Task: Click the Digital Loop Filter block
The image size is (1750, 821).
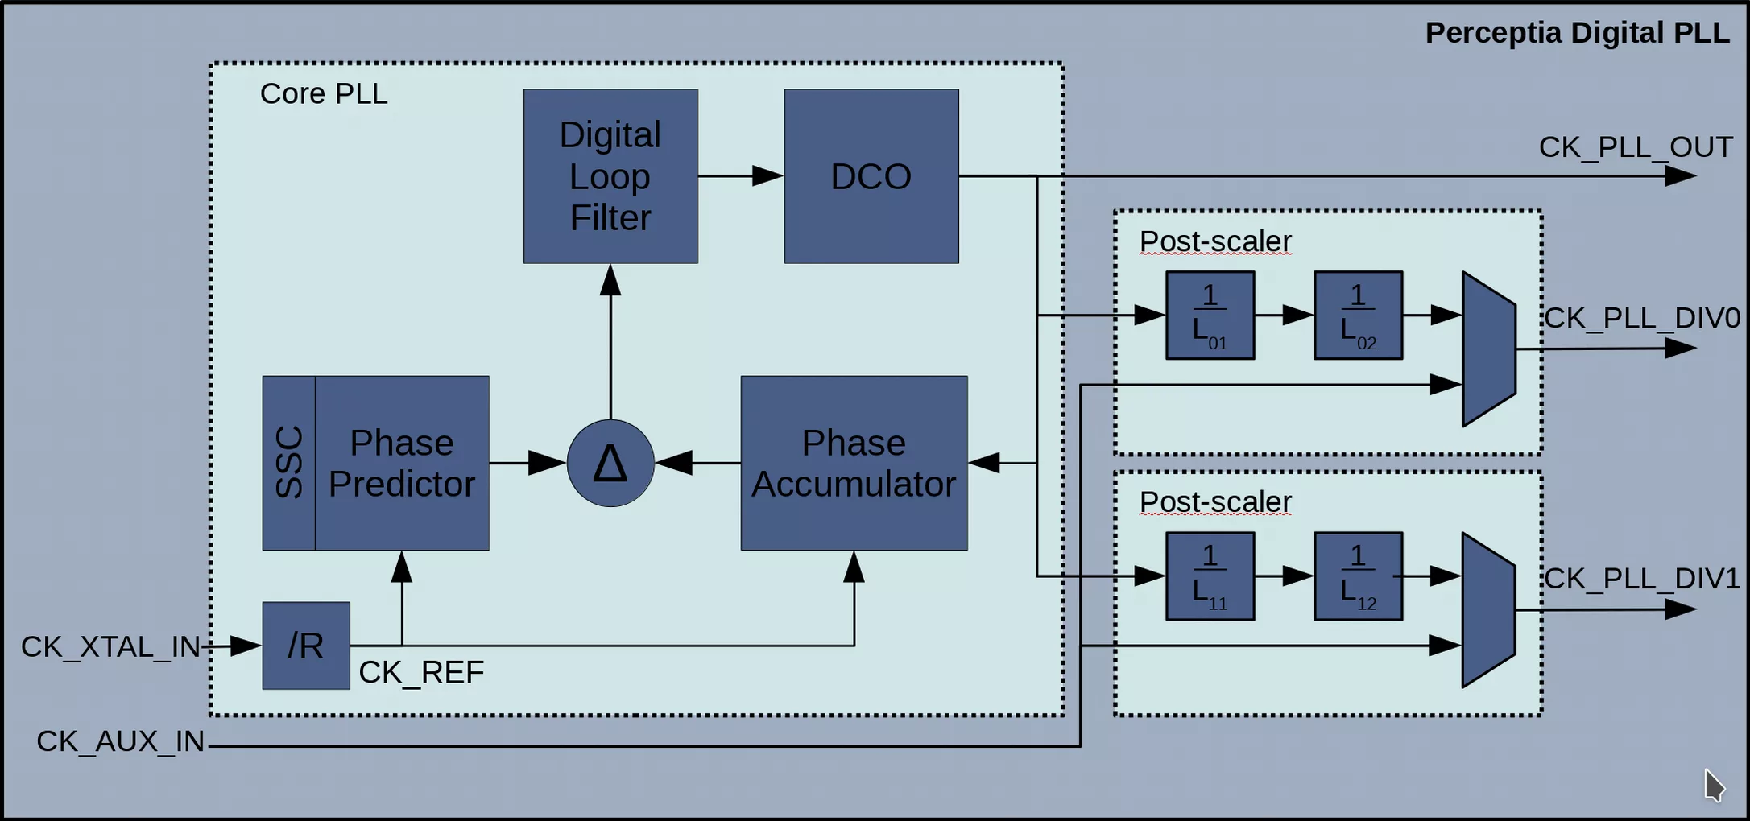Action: click(x=610, y=175)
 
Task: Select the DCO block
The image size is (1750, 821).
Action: click(x=871, y=175)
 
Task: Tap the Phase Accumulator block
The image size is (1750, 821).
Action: click(x=854, y=463)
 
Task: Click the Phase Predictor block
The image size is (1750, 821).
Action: click(x=402, y=463)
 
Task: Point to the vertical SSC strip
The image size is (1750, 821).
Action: click(x=288, y=463)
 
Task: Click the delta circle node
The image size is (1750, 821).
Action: click(x=610, y=463)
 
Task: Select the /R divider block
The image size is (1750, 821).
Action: click(x=306, y=646)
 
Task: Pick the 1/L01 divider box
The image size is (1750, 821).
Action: click(x=1210, y=315)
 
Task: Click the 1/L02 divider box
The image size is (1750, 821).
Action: click(x=1358, y=315)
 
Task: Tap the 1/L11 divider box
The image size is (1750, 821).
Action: click(x=1210, y=576)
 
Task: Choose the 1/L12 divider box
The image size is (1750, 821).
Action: click(x=1358, y=576)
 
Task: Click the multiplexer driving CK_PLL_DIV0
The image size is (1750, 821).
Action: click(x=1489, y=349)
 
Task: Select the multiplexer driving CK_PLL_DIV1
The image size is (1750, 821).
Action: click(x=1489, y=610)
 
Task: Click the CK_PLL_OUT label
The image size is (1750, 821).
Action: click(x=1636, y=147)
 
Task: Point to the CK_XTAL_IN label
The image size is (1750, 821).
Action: click(x=110, y=646)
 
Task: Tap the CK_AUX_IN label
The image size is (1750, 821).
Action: click(x=121, y=741)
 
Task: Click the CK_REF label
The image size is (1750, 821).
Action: click(x=421, y=672)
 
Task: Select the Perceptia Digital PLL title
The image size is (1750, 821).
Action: click(x=1577, y=33)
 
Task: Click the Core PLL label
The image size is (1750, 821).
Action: click(x=324, y=93)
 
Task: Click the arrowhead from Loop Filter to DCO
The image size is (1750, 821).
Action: click(x=767, y=175)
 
